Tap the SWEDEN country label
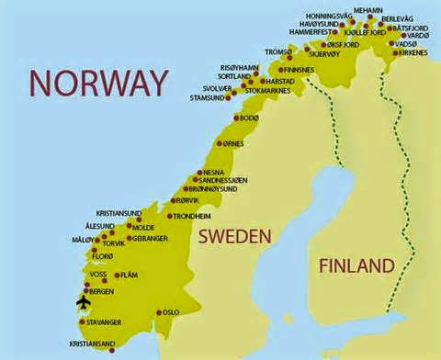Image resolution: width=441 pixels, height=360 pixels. [236, 237]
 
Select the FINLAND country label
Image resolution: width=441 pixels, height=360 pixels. [356, 266]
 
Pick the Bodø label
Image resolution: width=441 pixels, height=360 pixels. [249, 118]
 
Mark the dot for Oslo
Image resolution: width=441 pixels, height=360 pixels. [159, 312]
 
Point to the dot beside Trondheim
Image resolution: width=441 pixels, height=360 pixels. [170, 217]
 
